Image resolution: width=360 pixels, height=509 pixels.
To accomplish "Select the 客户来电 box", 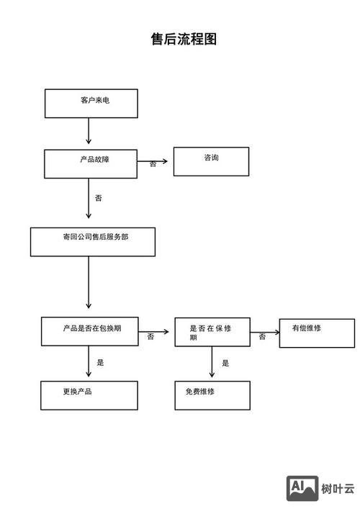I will tap(91, 103).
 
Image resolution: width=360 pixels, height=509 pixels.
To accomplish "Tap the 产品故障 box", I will tap(91, 163).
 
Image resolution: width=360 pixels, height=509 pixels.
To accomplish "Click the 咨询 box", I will tap(211, 161).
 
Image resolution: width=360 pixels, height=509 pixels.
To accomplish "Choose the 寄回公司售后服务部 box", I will tap(92, 241).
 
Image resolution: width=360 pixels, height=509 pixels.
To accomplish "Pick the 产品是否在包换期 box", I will tap(90, 331).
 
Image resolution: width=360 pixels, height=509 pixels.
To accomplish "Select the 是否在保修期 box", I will tap(212, 332).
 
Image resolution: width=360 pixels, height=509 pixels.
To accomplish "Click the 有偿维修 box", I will tap(317, 333).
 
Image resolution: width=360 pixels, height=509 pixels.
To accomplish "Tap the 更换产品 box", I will tap(89, 395).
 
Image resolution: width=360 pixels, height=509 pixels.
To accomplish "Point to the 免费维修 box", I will tap(212, 395).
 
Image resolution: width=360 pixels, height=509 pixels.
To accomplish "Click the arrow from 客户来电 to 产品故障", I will tap(89, 132).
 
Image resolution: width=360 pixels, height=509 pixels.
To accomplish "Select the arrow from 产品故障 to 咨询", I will tap(154, 161).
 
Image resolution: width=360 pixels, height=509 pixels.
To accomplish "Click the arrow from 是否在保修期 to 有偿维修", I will tap(264, 333).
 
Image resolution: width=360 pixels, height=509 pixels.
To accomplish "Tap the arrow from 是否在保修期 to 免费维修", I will tap(212, 363).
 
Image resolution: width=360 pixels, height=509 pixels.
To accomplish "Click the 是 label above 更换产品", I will tap(101, 362).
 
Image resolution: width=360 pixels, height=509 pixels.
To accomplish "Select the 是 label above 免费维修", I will tap(225, 363).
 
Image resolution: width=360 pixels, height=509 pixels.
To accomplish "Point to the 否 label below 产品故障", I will tap(99, 197).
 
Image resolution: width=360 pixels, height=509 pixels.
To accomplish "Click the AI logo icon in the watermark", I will tap(302, 488).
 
